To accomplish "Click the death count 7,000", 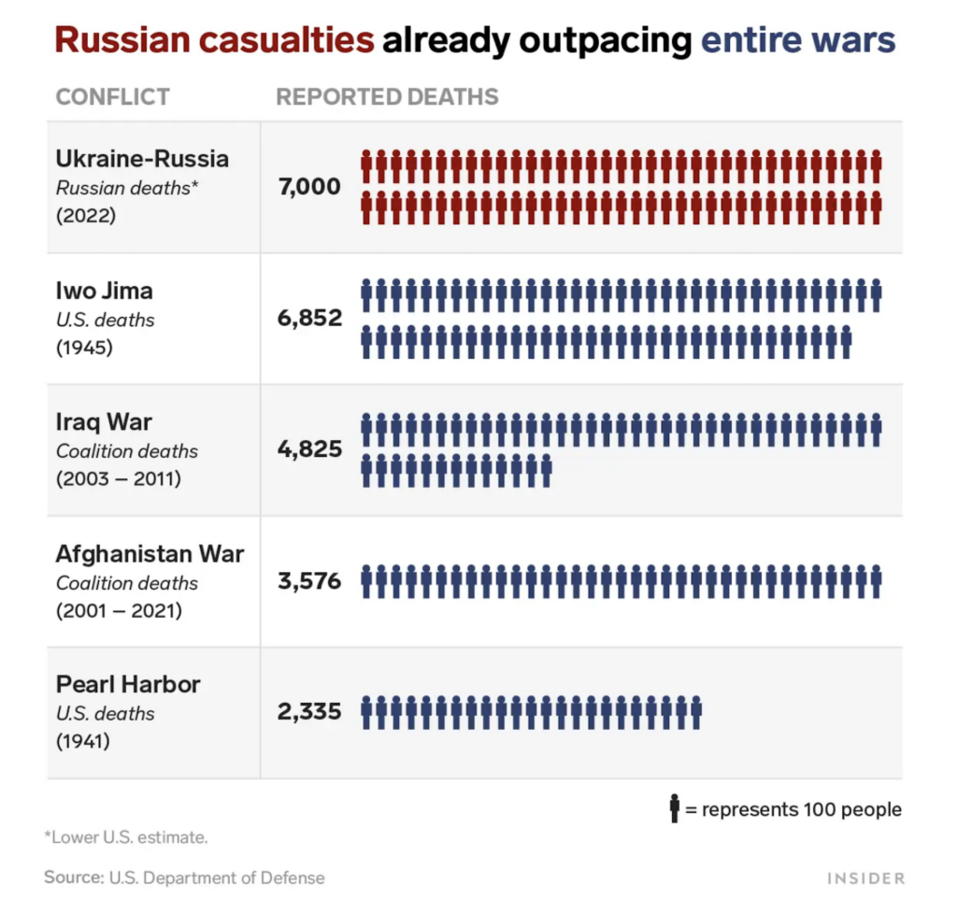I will pos(309,187).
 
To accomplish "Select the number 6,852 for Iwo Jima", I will pos(309,319).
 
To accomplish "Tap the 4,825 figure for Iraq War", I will pos(309,450).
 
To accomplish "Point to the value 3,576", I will pos(309,582).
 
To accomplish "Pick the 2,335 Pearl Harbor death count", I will pos(309,713).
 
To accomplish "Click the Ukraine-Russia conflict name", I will pos(142,159).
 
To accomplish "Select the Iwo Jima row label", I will pos(105,291).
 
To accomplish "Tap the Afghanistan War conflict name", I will pos(150,554).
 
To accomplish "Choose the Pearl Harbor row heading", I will pos(128,685).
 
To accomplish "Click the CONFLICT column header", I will pos(113,97).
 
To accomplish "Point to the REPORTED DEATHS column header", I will pos(387,97).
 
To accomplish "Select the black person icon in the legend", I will pos(675,809).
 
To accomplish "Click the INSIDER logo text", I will pos(865,878).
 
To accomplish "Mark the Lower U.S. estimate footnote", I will pos(126,837).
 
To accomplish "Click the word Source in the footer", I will pos(72,877).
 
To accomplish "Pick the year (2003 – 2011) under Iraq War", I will pos(119,479).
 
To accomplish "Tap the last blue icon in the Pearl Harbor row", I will pos(696,713).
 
